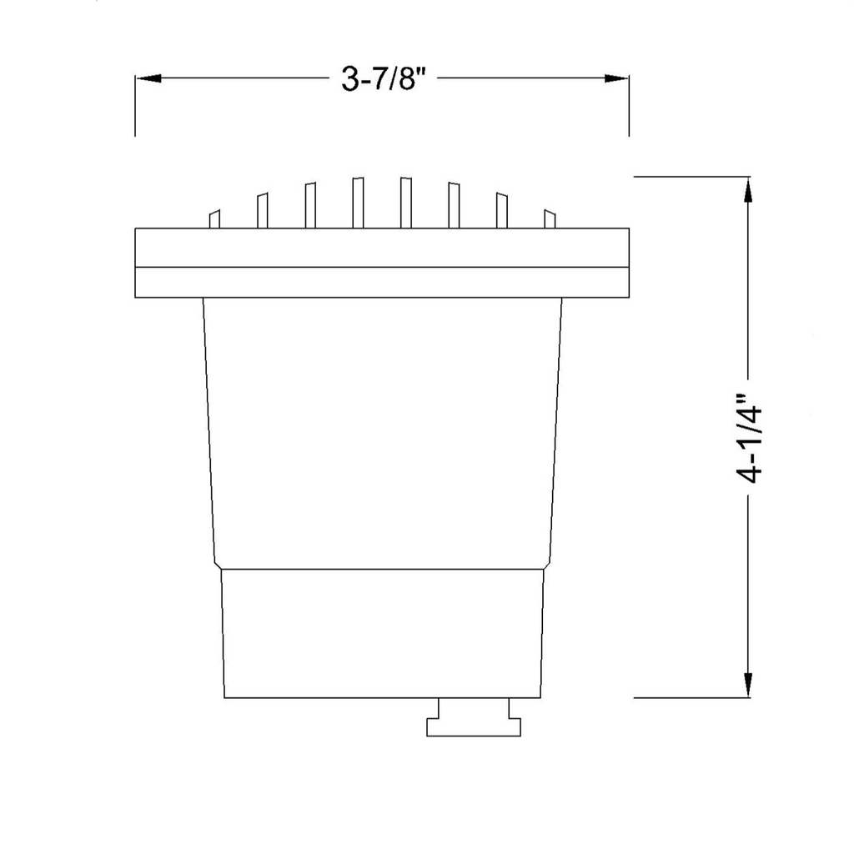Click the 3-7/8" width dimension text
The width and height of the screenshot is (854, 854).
click(x=382, y=78)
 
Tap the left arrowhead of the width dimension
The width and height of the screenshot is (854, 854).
click(x=148, y=78)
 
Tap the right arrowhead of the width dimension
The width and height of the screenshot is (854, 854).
click(x=616, y=78)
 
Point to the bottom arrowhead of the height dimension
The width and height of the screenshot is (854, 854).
click(x=748, y=685)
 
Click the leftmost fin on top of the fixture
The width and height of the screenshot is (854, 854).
click(x=214, y=219)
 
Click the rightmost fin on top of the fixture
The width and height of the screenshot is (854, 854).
click(x=550, y=219)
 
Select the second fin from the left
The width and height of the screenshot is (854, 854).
click(x=262, y=210)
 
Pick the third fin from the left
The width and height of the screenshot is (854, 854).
click(x=310, y=205)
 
